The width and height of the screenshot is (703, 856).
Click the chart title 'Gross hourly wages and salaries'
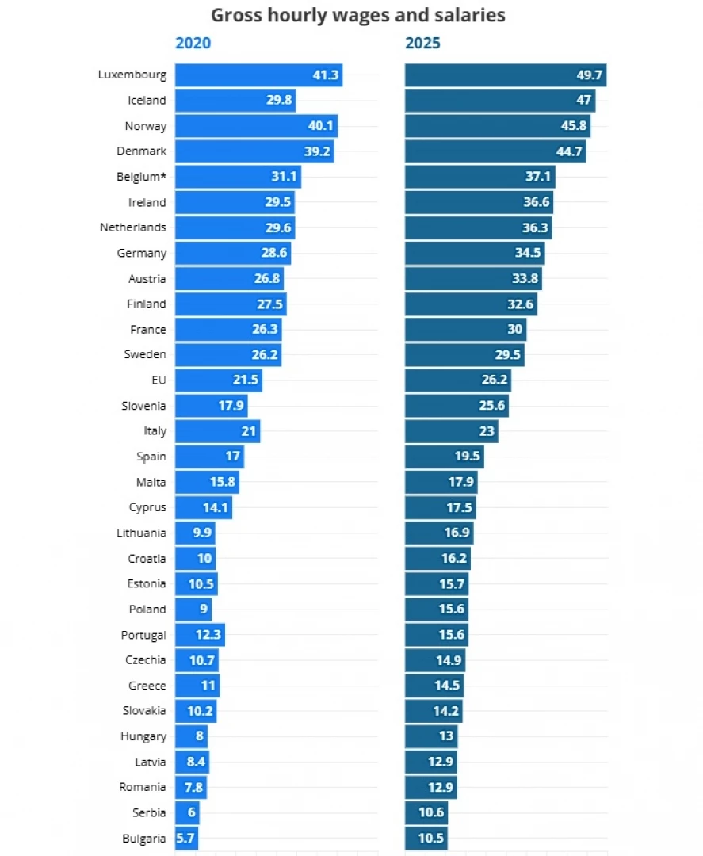pyautogui.click(x=358, y=15)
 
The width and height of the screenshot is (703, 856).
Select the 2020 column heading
pyautogui.click(x=193, y=43)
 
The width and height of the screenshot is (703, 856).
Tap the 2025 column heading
pyautogui.click(x=422, y=43)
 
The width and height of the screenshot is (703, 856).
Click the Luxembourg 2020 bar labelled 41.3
pyautogui.click(x=258, y=75)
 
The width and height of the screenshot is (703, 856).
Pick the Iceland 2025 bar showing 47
pyautogui.click(x=500, y=101)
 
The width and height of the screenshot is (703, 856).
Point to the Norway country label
pyautogui.click(x=146, y=126)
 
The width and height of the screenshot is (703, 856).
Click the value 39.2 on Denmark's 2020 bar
pyautogui.click(x=316, y=151)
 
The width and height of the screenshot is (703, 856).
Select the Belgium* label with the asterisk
pyautogui.click(x=141, y=177)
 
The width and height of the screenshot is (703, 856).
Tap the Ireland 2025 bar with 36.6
pyautogui.click(x=479, y=202)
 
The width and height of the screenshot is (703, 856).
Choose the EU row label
pyautogui.click(x=159, y=380)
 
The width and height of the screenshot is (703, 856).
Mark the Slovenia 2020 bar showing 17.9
pyautogui.click(x=211, y=406)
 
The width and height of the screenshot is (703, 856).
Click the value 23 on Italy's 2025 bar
pyautogui.click(x=487, y=431)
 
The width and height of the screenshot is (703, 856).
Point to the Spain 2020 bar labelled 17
pyautogui.click(x=209, y=457)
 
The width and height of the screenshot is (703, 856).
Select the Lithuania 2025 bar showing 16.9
pyautogui.click(x=439, y=533)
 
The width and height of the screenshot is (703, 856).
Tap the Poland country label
pyautogui.click(x=147, y=610)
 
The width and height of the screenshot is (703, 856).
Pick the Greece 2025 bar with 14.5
pyautogui.click(x=434, y=686)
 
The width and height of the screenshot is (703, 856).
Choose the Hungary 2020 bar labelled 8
pyautogui.click(x=191, y=736)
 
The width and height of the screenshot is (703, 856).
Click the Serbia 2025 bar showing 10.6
pyautogui.click(x=426, y=812)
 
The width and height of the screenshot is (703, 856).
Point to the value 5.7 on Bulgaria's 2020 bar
pyautogui.click(x=185, y=838)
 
